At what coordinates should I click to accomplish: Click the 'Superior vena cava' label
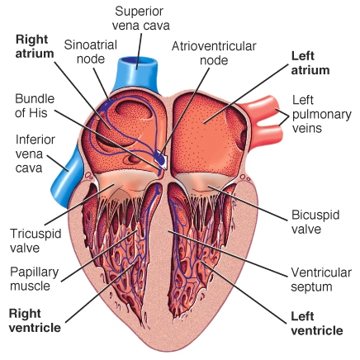point(141,18)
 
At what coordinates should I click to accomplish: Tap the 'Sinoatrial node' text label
point(91,52)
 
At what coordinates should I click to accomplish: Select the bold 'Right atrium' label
point(35,46)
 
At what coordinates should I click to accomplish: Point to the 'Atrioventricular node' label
point(214,53)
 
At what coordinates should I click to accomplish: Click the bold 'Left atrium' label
point(310,63)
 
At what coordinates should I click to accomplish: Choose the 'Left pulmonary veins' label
point(321,114)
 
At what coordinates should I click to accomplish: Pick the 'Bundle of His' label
point(35,106)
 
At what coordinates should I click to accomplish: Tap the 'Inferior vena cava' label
point(35,154)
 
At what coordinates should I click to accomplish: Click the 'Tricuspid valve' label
point(36,240)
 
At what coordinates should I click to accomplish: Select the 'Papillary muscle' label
point(35,279)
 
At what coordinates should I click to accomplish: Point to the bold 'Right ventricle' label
point(35,320)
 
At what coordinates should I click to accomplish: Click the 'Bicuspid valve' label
point(315,222)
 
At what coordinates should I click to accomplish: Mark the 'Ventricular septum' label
point(321,279)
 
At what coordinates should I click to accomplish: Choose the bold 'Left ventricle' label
point(317,323)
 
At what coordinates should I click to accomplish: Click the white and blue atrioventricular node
point(160,159)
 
